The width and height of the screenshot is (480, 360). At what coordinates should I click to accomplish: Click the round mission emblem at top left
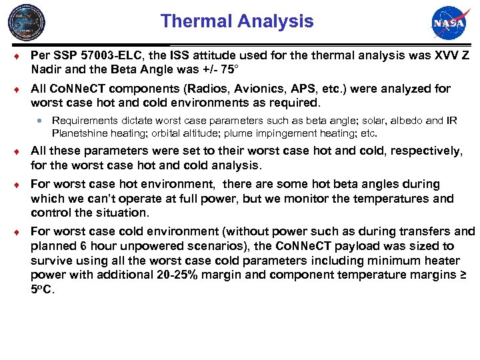pyautogui.click(x=27, y=23)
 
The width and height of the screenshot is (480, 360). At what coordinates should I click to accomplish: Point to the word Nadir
pyautogui.click(x=48, y=68)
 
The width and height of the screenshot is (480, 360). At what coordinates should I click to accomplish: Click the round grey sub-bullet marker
pyautogui.click(x=41, y=121)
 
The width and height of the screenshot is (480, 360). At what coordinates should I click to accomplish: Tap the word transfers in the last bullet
pyautogui.click(x=419, y=231)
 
